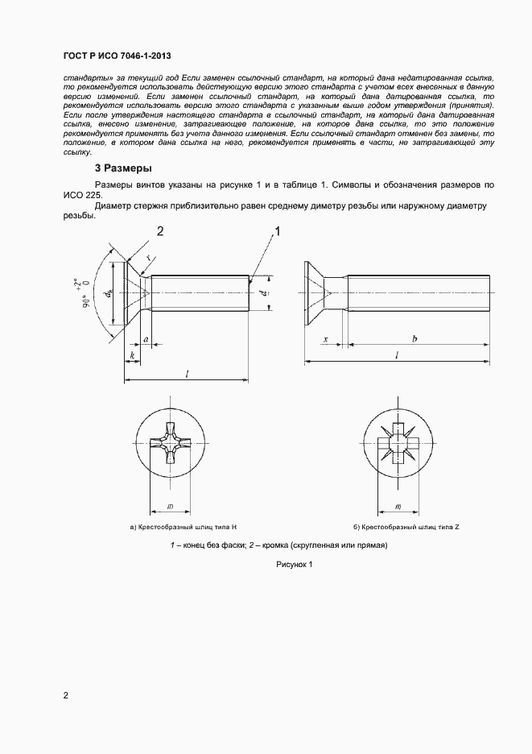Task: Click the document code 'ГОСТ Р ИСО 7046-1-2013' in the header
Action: pos(117,56)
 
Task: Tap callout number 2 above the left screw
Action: pos(160,232)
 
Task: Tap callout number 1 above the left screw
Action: pos(278,232)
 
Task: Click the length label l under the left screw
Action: pos(187,373)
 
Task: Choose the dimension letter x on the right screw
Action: pos(324,341)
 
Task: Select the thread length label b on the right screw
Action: pos(414,341)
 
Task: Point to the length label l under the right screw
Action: pos(398,354)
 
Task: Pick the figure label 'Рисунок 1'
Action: pos(294,565)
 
